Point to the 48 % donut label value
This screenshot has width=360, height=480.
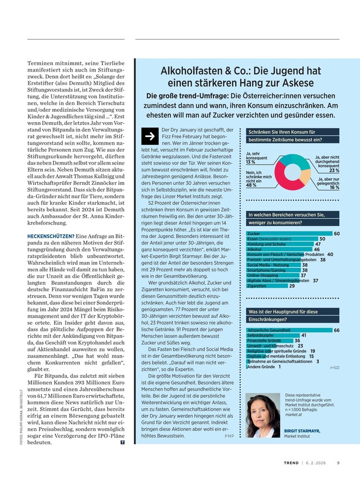252,186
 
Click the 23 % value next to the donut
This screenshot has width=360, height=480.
334,171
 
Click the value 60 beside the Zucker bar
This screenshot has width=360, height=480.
336,234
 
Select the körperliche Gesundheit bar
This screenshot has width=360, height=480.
288,330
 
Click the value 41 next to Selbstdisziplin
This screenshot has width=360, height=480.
303,335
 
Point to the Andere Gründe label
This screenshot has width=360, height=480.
260,367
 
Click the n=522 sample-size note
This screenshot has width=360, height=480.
334,367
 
